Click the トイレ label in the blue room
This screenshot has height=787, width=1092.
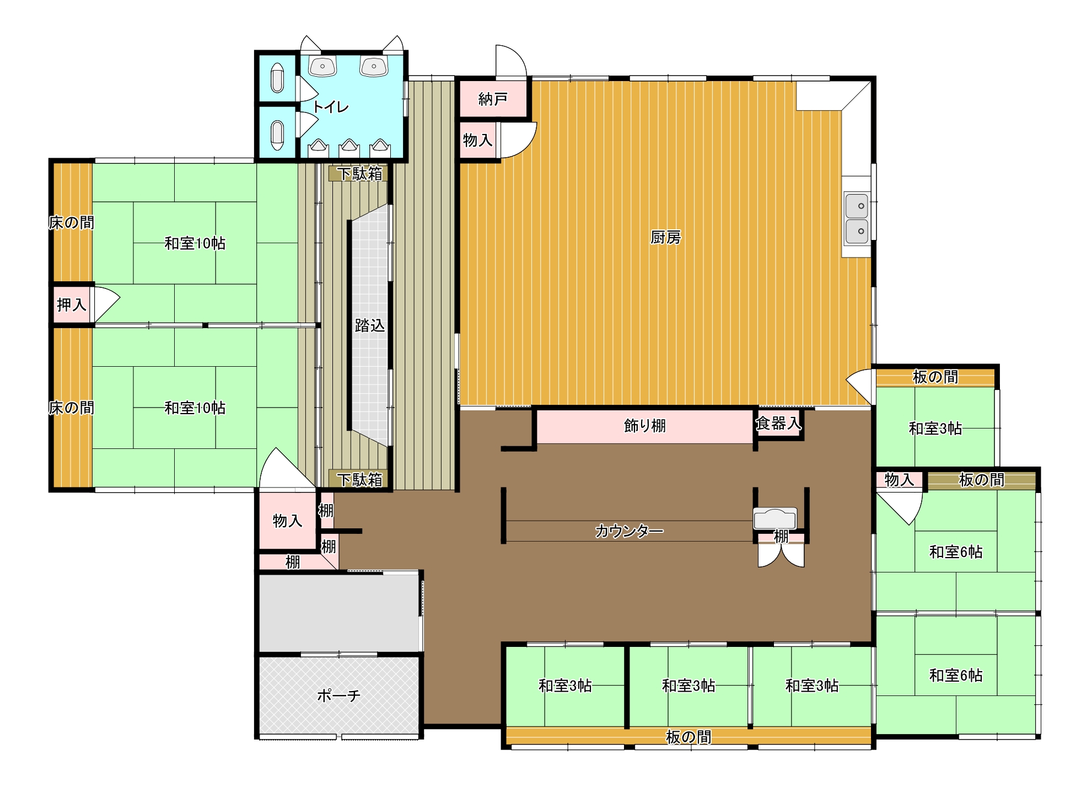[331, 106]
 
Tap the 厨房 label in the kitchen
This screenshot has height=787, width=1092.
[665, 237]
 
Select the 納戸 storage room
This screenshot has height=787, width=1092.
[492, 99]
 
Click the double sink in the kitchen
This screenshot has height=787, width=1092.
[857, 218]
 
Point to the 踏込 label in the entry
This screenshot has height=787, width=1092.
[369, 325]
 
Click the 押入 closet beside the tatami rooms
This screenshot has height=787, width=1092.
[72, 304]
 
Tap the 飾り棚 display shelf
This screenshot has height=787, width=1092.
[644, 426]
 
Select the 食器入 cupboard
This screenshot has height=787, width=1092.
[778, 423]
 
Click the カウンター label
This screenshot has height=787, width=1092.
[629, 531]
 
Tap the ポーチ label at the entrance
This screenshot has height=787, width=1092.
[338, 695]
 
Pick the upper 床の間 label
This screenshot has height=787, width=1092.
[72, 222]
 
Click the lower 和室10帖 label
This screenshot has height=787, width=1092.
[195, 408]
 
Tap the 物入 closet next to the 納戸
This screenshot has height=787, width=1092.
[477, 140]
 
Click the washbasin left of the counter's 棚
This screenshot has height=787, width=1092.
[775, 519]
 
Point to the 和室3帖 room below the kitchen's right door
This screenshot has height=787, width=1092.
[935, 427]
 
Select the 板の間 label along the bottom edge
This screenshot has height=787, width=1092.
[688, 737]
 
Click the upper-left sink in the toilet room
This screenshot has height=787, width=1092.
[322, 66]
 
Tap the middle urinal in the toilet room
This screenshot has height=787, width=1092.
[349, 146]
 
